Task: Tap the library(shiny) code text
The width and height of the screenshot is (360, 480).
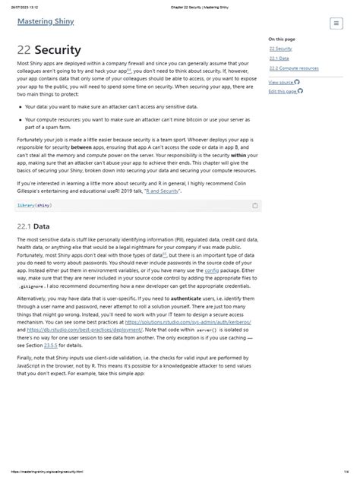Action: point(39,206)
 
